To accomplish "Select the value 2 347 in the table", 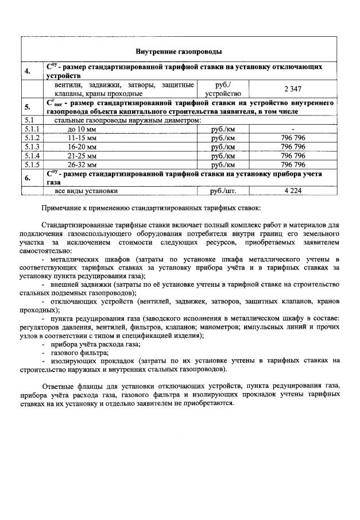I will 293,88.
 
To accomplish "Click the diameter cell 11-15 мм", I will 82,138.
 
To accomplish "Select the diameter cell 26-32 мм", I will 82,164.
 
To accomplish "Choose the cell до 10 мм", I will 82,129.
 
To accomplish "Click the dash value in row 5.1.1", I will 293,129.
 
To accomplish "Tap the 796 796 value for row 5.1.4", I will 293,155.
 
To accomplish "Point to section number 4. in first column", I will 28,71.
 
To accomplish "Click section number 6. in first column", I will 28,178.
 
